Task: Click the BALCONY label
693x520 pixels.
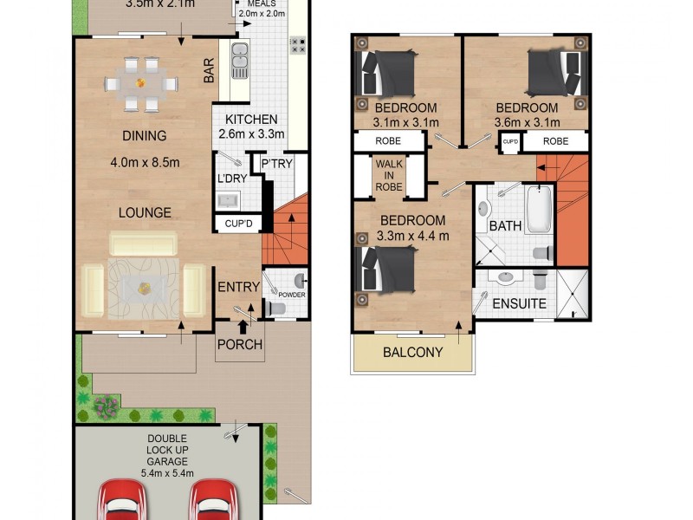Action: click(413, 353)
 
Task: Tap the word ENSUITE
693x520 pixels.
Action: click(519, 304)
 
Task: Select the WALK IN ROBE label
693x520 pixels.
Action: click(388, 174)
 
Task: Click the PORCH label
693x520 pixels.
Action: click(240, 344)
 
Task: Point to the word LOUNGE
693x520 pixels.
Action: click(146, 212)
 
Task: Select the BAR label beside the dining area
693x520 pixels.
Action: click(210, 71)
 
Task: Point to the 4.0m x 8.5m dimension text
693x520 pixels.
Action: click(145, 162)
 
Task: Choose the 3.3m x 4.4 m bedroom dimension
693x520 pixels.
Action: click(413, 235)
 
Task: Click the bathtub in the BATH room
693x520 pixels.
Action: click(539, 209)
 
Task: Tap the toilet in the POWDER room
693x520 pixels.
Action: click(276, 308)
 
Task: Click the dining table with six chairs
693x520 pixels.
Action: click(139, 84)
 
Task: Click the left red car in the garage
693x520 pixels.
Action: click(121, 503)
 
